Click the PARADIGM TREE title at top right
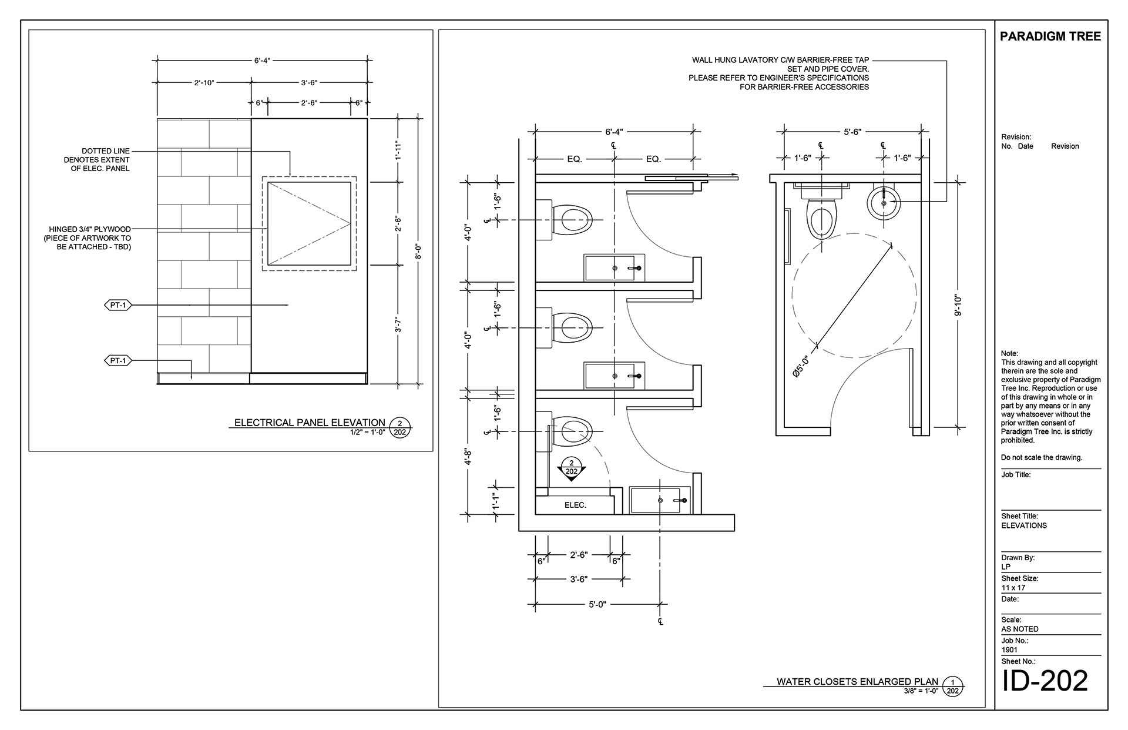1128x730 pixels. (1050, 36)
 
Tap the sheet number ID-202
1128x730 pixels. (1045, 681)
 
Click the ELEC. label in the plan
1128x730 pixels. (575, 505)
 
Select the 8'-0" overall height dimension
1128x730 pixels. (418, 252)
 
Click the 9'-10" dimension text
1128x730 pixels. (958, 305)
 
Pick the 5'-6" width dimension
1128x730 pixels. (852, 132)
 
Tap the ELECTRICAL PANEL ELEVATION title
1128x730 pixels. (310, 423)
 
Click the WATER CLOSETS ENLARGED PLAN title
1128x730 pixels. (857, 682)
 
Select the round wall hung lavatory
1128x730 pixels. (884, 202)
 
